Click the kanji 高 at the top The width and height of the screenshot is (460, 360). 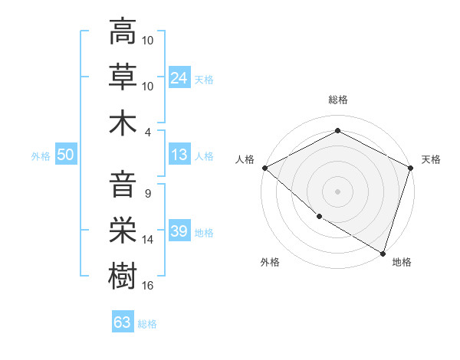(x=123, y=32)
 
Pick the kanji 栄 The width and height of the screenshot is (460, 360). (x=123, y=231)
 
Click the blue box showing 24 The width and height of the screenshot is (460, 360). (x=179, y=78)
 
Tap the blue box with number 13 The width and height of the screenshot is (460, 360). (x=179, y=155)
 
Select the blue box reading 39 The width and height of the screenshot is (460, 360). (x=179, y=231)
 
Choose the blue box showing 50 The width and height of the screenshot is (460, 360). (x=65, y=155)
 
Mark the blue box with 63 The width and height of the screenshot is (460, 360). (x=122, y=322)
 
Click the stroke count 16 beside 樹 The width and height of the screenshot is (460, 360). (x=149, y=286)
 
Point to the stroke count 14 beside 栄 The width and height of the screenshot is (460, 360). (x=149, y=240)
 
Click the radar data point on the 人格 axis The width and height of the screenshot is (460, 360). (x=264, y=168)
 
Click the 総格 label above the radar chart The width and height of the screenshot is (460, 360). (x=338, y=100)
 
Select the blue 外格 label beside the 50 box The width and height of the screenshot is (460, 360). (x=41, y=155)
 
